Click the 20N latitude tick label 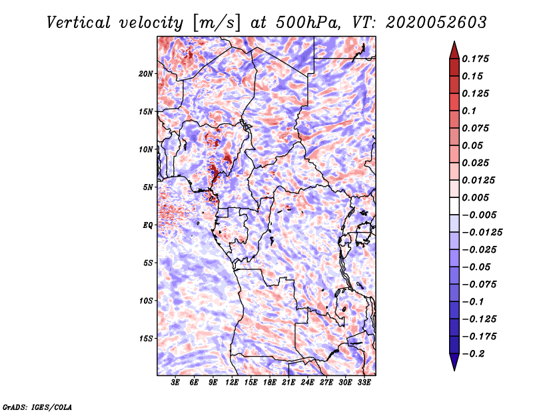(x=146, y=74)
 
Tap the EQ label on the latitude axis (x=148, y=225)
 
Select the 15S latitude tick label (x=146, y=339)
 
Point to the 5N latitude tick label (x=148, y=187)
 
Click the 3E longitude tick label (x=175, y=383)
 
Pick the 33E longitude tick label (x=364, y=383)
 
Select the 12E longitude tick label (x=232, y=383)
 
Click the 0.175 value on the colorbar (x=475, y=59)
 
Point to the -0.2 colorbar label (x=474, y=354)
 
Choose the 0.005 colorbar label (x=475, y=197)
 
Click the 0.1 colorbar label (x=469, y=111)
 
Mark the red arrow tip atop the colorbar (x=454, y=41)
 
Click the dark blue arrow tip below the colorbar (x=454, y=370)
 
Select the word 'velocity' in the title (x=151, y=23)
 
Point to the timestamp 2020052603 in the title (x=436, y=23)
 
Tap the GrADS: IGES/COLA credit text (x=37, y=407)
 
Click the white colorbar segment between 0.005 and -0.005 (x=454, y=206)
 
